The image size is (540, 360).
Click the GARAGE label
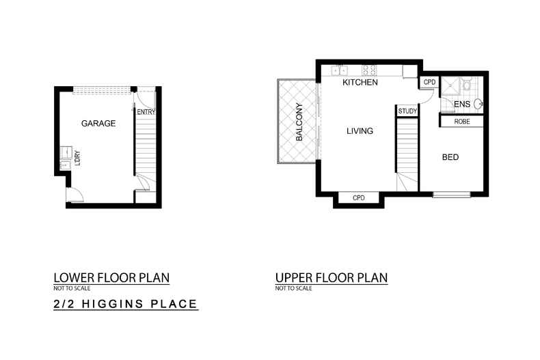98,124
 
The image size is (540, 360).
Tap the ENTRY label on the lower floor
146,112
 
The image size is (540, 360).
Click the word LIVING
360,131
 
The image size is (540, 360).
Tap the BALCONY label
299,122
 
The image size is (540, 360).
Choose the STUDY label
407,111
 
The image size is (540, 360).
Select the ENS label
463,104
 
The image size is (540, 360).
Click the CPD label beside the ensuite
429,82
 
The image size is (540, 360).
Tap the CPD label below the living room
359,198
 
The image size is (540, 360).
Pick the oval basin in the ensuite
478,105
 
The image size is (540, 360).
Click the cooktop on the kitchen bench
369,69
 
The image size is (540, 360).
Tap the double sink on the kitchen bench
340,69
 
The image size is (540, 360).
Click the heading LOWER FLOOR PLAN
111,278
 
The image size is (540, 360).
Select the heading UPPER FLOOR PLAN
332,278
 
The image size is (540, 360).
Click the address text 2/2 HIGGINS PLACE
126,304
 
